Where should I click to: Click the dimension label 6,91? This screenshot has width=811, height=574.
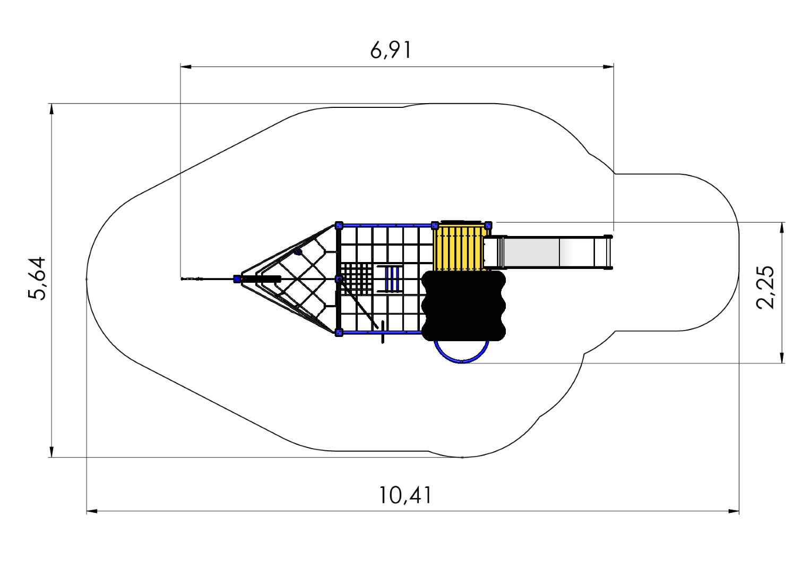pos(391,50)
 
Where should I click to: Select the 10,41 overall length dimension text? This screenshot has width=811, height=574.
pos(405,495)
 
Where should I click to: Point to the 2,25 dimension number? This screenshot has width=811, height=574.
pos(766,288)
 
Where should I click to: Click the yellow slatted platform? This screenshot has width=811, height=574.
pos(459,248)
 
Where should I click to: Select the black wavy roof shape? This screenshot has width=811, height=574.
pos(463,305)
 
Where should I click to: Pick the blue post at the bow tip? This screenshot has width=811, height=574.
pos(237,279)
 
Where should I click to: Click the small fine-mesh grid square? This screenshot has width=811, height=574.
pos(357,278)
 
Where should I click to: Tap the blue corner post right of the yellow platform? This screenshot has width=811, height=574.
pos(488,226)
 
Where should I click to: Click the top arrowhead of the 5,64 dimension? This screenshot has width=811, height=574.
pos(51,108)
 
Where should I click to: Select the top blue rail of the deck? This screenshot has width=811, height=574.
pos(387,226)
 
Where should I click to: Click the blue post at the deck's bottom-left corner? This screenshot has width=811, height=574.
pos(339,333)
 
